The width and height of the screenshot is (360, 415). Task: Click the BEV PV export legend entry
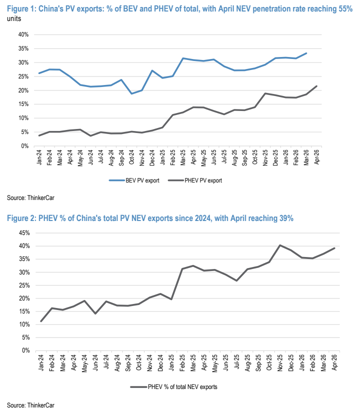pos(134,180)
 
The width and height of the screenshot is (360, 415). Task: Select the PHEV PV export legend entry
pos(195,180)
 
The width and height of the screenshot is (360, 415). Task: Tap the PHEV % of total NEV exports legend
pos(173,387)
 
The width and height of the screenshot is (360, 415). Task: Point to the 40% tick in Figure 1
pos(23,34)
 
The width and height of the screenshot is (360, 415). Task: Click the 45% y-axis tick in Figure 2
pos(24,233)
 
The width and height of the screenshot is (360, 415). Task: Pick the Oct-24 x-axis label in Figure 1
pos(131,157)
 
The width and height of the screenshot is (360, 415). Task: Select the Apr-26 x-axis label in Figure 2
pos(334,362)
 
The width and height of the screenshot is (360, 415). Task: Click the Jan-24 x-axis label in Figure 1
pos(39,157)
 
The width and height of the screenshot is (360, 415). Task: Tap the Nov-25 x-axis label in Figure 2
pos(280,362)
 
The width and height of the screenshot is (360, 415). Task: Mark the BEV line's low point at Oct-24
pos(131,93)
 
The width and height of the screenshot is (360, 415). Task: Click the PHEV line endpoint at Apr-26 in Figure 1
pos(316,86)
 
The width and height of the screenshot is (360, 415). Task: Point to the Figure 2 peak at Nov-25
pos(280,245)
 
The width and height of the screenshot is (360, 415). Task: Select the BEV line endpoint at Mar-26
pos(306,53)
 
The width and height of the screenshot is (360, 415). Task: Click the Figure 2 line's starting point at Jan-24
pos(41,321)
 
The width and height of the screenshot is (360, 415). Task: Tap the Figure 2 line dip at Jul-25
pos(236,280)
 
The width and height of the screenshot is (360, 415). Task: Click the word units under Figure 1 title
pos(14,19)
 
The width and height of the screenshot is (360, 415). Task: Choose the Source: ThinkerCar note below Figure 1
pos(30,197)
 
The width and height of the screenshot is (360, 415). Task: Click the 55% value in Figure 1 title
pos(345,8)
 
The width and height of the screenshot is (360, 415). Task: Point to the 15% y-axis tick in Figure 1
pos(23,104)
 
